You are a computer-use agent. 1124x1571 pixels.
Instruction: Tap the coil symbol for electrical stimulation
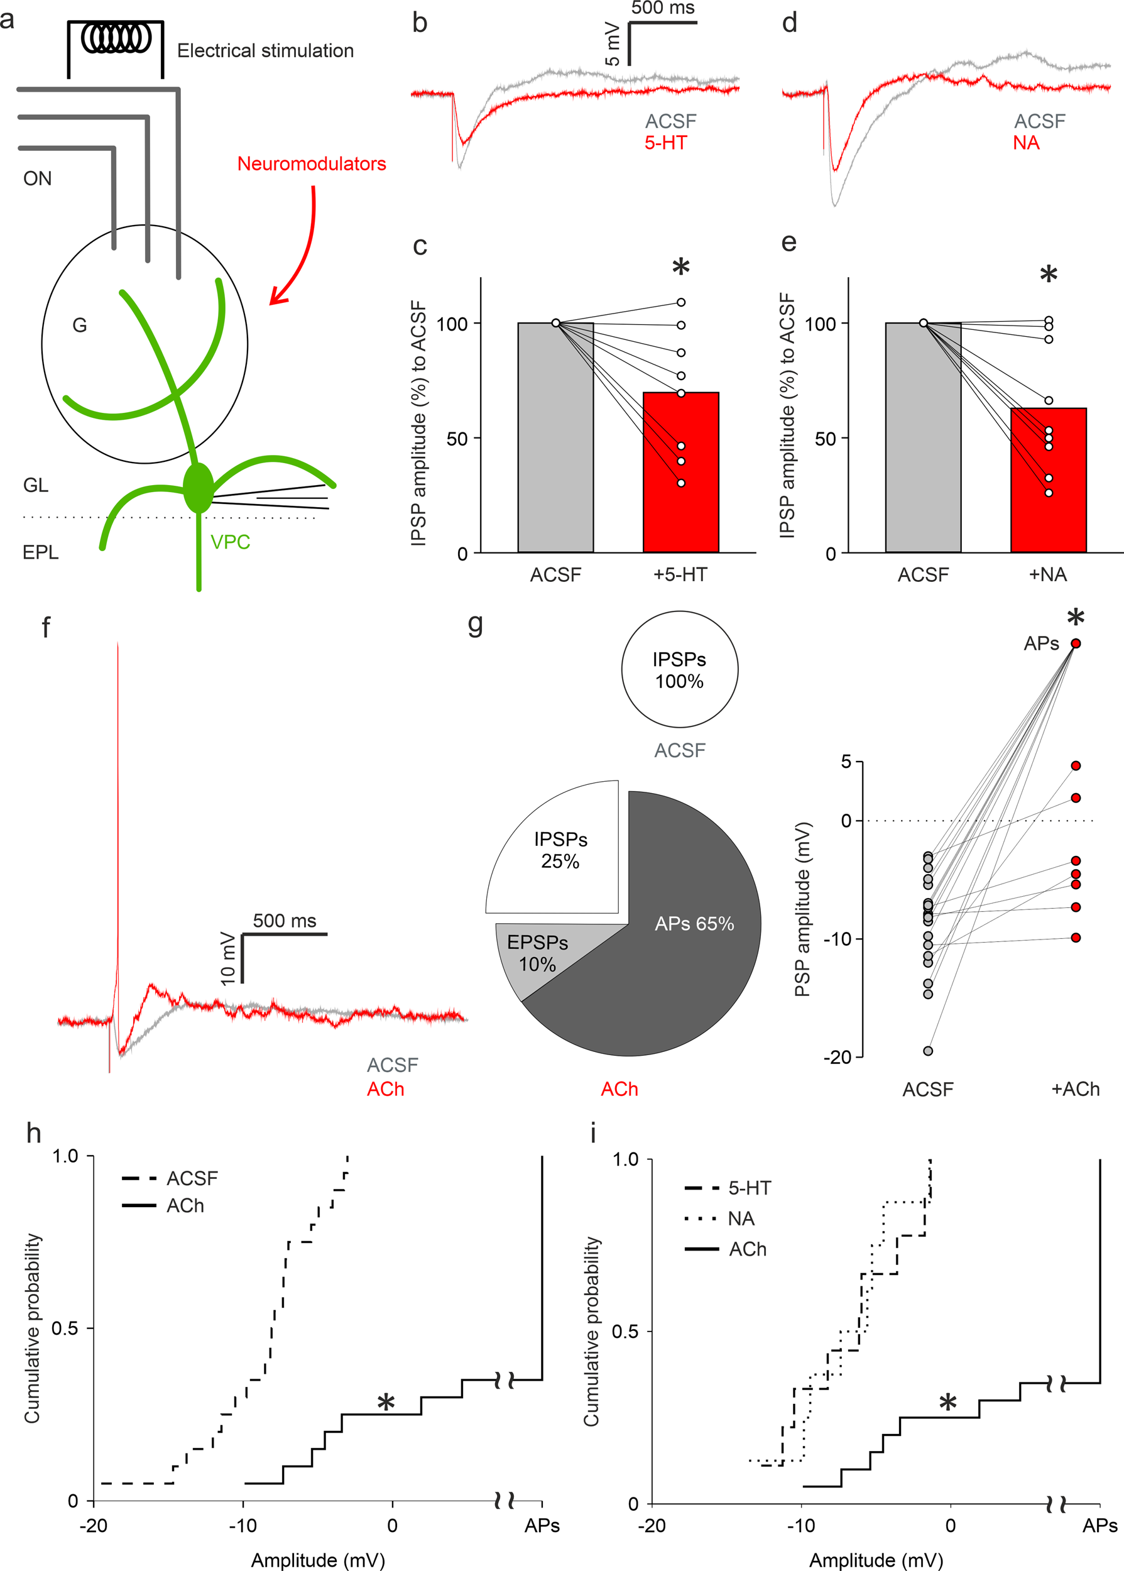[x=116, y=39]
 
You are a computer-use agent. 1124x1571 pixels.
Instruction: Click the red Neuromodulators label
[x=312, y=164]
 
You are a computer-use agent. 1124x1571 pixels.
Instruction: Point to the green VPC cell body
[x=199, y=488]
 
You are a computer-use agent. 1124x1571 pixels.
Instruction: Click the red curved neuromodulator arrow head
[x=277, y=298]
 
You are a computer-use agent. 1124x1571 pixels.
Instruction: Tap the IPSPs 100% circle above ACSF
[x=679, y=669]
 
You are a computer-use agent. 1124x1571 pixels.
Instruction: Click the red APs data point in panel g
[x=1076, y=643]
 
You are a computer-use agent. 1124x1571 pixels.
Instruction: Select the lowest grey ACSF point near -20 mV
[x=928, y=1051]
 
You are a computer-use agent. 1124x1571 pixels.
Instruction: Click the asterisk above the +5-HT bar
[x=681, y=267]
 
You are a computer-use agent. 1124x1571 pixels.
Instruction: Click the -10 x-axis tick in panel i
[x=801, y=1525]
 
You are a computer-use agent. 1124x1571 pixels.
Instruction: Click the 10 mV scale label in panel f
[x=227, y=958]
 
